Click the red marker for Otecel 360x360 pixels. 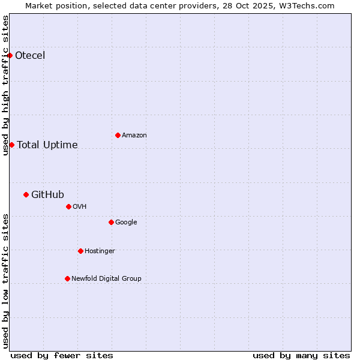point(10,56)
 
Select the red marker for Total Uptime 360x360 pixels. point(11,145)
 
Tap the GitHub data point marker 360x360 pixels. point(26,194)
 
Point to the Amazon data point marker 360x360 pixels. point(118,135)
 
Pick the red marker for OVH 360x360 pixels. point(68,206)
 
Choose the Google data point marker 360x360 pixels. point(111,222)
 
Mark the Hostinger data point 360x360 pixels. point(80,251)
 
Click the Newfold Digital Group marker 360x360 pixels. point(67,278)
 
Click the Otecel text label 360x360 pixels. point(30,56)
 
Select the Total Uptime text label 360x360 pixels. point(47,145)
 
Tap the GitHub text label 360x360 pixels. point(47,194)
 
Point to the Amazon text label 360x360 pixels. point(134,136)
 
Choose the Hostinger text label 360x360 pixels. point(100,251)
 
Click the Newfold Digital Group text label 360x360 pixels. point(106,278)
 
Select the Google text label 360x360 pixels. point(126,222)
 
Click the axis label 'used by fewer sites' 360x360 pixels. point(62,355)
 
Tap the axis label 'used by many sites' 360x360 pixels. point(301,355)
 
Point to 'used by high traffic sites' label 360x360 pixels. point(6,85)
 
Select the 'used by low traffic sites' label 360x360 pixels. point(6,281)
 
